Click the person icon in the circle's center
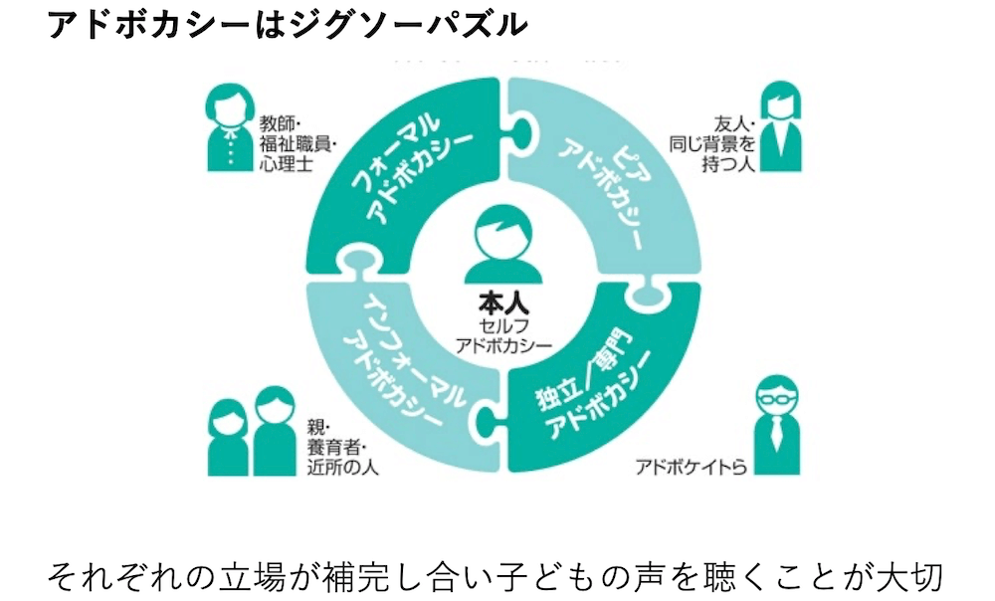pyautogui.click(x=497, y=245)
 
